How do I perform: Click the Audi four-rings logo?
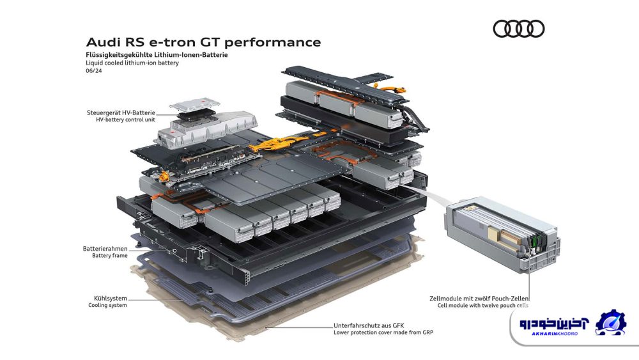coord(518,29)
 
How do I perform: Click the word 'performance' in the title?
coord(272,42)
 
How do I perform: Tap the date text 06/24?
coord(94,70)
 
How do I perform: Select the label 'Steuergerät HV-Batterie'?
coord(121,113)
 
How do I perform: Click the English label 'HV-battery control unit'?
coord(125,120)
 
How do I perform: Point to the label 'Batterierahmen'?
coord(105,249)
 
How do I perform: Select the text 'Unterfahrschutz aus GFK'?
coord(369,325)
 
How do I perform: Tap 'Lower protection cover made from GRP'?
coord(383,333)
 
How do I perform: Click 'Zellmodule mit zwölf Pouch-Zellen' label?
coord(479,299)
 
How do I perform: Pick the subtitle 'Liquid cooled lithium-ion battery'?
coord(132,63)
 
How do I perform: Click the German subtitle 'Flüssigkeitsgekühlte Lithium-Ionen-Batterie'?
coord(157,54)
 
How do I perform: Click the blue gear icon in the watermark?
coord(610,322)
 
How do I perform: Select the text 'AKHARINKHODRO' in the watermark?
coord(555,334)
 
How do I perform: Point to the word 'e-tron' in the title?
coord(171,42)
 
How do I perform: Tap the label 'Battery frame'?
coord(110,256)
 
